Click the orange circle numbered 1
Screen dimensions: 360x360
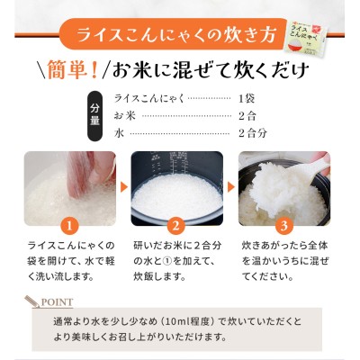click(x=69, y=226)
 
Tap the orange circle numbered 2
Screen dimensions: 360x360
click(x=176, y=226)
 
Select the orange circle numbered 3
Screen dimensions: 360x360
click(x=284, y=226)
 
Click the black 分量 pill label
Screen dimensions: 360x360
click(x=94, y=115)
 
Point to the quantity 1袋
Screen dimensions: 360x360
click(x=247, y=98)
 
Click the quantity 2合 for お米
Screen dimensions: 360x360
click(x=247, y=116)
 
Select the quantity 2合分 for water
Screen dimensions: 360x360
click(x=253, y=133)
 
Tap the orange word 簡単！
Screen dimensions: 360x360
click(x=73, y=70)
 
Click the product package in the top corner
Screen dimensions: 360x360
click(x=307, y=38)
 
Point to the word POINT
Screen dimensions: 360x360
click(x=57, y=302)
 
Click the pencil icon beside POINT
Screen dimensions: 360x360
click(x=32, y=301)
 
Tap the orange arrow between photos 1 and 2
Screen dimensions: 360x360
click(x=123, y=187)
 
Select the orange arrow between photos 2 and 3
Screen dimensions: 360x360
click(x=230, y=187)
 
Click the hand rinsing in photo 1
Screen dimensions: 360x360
click(x=87, y=173)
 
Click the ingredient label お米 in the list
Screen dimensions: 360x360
click(x=125, y=116)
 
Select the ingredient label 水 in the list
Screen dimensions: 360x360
click(x=119, y=133)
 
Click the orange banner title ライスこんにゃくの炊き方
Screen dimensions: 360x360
click(x=176, y=35)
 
